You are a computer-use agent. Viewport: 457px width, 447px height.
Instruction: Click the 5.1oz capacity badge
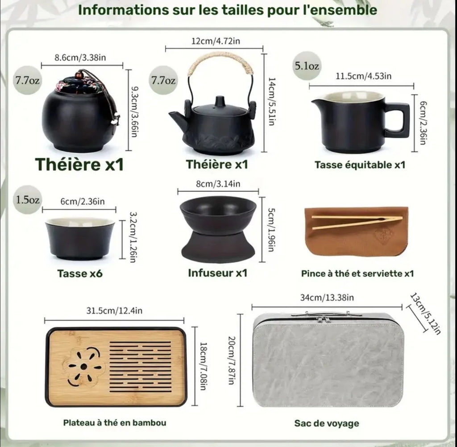click(306, 66)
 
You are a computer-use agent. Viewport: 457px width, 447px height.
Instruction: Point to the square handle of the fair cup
click(397, 120)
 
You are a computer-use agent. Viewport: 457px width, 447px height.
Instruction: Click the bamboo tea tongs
click(356, 221)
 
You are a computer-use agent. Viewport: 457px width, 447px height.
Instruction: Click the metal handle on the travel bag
click(324, 315)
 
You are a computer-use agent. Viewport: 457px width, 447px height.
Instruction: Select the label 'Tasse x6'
click(80, 273)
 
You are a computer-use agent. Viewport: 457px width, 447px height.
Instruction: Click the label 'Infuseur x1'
click(217, 272)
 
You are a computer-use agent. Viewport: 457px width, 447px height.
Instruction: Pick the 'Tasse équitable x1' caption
click(360, 165)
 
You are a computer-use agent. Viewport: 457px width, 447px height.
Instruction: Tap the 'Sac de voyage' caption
click(326, 423)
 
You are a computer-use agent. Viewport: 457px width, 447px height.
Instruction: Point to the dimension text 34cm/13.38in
click(327, 298)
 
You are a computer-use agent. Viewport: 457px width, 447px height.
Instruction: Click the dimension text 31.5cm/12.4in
click(114, 311)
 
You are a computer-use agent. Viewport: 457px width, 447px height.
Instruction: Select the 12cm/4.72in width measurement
click(214, 41)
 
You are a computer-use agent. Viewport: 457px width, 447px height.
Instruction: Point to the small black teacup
click(80, 238)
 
